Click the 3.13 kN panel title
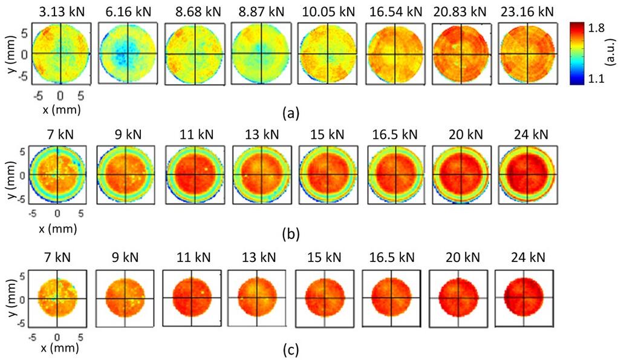pyautogui.click(x=60, y=11)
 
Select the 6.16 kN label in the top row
pyautogui.click(x=127, y=11)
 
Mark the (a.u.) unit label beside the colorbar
pyautogui.click(x=610, y=53)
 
